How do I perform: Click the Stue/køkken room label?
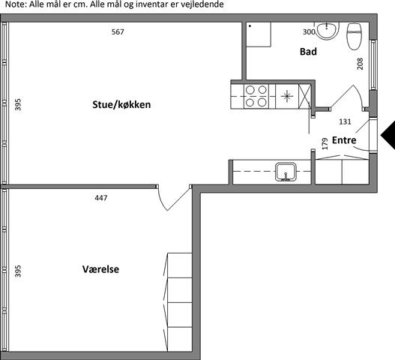point(121,104)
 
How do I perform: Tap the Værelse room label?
point(100,269)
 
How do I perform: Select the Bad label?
point(308,52)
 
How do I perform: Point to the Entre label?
point(344,140)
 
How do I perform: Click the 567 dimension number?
point(118,31)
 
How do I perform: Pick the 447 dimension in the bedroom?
point(101,198)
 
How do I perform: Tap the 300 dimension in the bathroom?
point(309,31)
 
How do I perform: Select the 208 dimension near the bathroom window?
point(361,64)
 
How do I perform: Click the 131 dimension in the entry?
point(345,121)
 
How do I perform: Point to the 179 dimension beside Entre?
point(325,144)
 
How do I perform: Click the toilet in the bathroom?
point(355,36)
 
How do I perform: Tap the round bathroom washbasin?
point(328,31)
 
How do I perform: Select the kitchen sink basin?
point(286,172)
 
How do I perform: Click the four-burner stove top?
point(256,96)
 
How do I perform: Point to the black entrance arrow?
point(388,136)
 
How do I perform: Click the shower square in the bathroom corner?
point(258,34)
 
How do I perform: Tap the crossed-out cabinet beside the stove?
point(304,96)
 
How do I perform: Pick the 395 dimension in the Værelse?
point(18,271)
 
